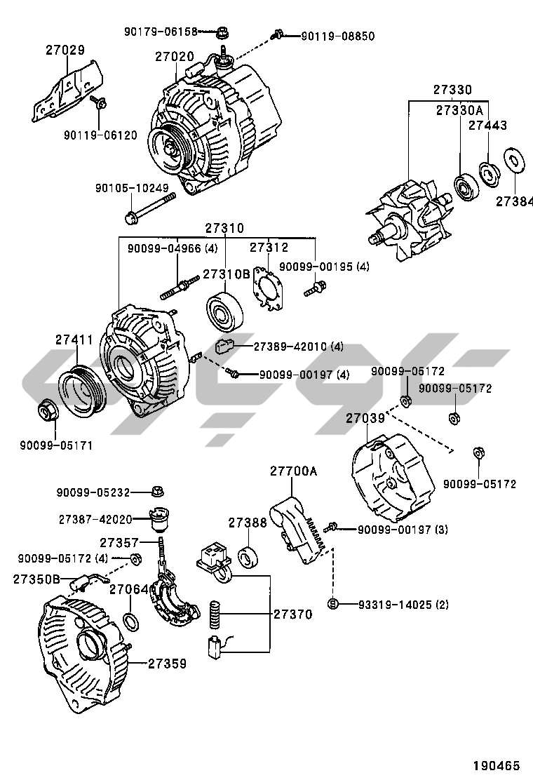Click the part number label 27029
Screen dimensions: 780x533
pyautogui.click(x=65, y=51)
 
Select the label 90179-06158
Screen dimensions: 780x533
pyautogui.click(x=161, y=32)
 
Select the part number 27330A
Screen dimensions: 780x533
pyautogui.click(x=459, y=111)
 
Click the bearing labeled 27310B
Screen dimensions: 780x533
pyautogui.click(x=225, y=309)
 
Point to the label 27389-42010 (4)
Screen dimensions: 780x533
pyautogui.click(x=298, y=347)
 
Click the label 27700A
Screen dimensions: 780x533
pyautogui.click(x=293, y=471)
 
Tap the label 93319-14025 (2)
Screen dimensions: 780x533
pyautogui.click(x=393, y=604)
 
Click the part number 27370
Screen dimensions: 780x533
pyautogui.click(x=292, y=614)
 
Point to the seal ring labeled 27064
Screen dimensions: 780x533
pyautogui.click(x=130, y=620)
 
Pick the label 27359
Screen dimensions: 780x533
pyautogui.click(x=167, y=663)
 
